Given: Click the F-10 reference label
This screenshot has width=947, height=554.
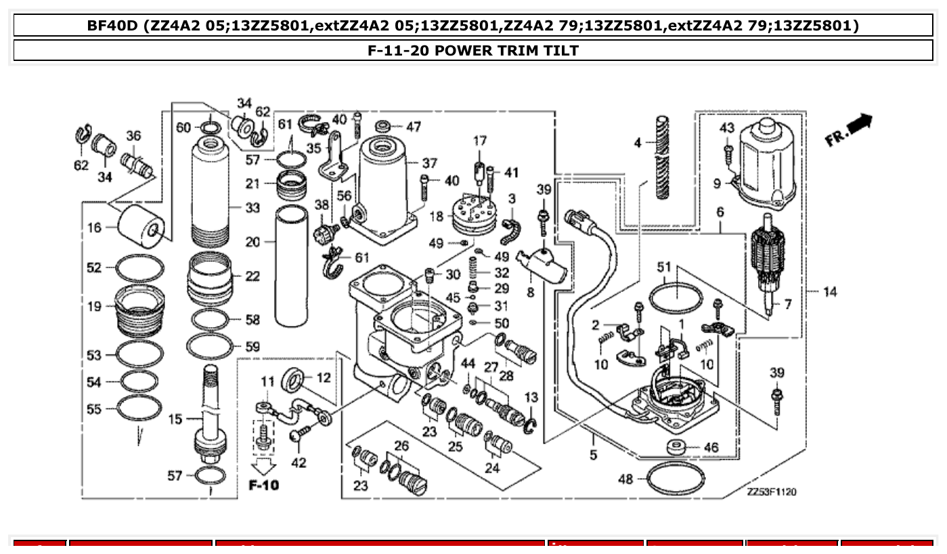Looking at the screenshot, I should (x=263, y=485).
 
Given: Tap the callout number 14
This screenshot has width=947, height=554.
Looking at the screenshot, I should (x=830, y=292).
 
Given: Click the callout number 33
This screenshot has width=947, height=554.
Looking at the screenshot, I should (x=252, y=208).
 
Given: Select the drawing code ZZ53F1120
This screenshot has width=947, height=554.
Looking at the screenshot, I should (x=772, y=492).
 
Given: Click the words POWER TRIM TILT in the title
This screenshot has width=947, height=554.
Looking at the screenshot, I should (x=506, y=50).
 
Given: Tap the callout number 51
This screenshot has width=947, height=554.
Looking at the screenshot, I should (x=664, y=268).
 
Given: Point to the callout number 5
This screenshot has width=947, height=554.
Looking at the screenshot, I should (x=593, y=454).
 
